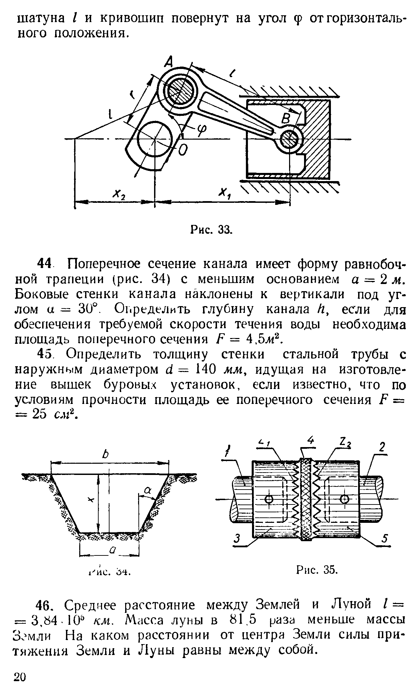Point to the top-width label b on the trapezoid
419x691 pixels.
point(105,455)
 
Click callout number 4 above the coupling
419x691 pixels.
point(309,441)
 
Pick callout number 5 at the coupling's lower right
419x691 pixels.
point(385,538)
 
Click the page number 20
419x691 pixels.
point(20,676)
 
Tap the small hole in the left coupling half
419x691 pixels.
point(269,499)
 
